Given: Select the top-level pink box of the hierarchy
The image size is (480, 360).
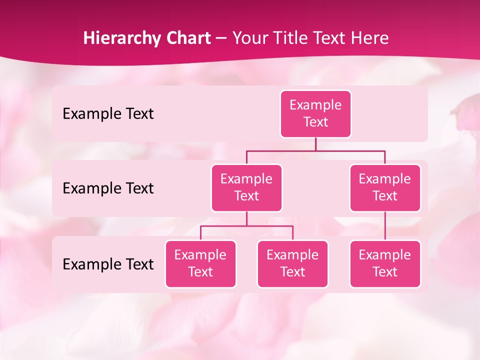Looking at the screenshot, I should (x=315, y=114).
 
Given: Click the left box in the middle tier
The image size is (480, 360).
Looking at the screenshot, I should (x=246, y=187).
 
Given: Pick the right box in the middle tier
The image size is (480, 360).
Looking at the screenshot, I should (x=385, y=187).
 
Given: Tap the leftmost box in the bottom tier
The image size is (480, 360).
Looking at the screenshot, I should (x=200, y=263).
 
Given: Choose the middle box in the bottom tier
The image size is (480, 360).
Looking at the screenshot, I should (x=292, y=263).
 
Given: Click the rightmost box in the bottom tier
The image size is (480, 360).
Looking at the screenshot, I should (x=385, y=263).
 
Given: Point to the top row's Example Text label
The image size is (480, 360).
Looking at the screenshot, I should (x=108, y=114).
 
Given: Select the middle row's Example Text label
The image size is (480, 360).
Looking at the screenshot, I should (x=108, y=188).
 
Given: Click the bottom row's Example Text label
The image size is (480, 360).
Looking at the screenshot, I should (x=108, y=264).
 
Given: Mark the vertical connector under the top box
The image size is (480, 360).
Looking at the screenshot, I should (x=315, y=144).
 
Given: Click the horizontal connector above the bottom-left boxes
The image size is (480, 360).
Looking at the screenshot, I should (x=246, y=226).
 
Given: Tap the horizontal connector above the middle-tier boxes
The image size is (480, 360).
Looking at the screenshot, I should (x=315, y=150).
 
